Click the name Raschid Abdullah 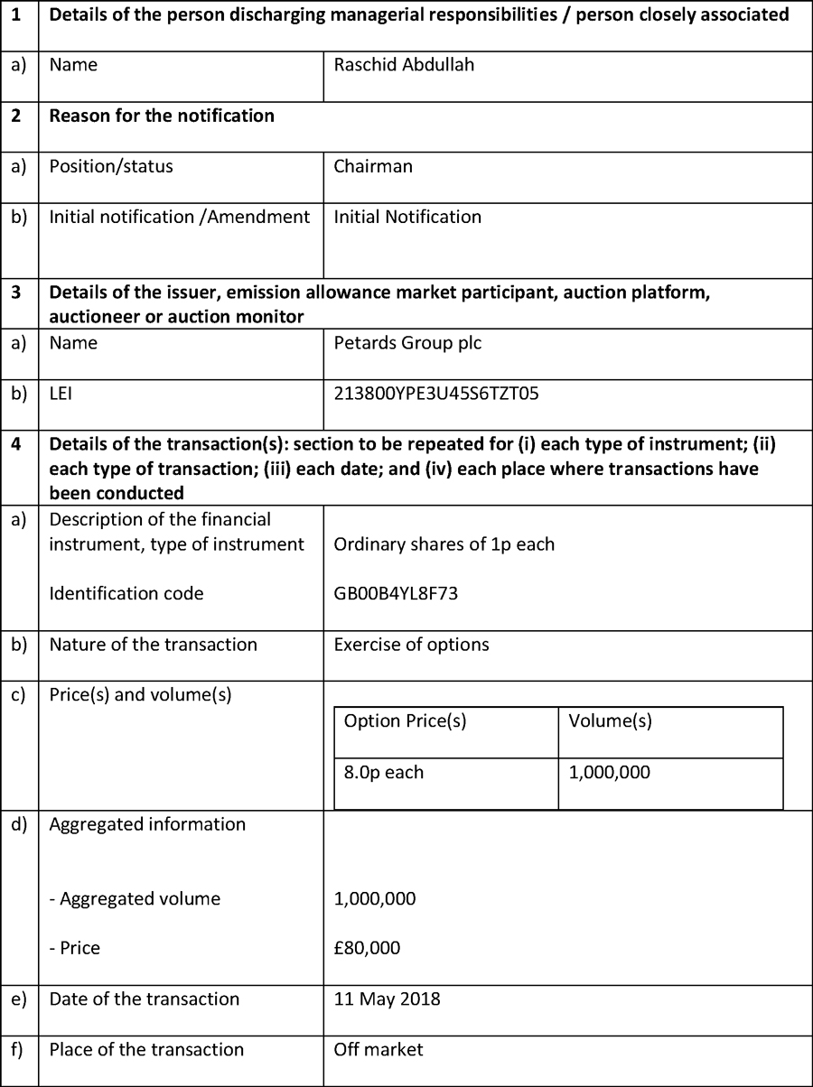tap(404, 65)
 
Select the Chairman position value tap(373, 166)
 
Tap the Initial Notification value tap(407, 217)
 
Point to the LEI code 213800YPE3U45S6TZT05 tap(437, 394)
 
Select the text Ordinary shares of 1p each tap(444, 544)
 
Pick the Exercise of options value tap(411, 645)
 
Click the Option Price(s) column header tap(405, 721)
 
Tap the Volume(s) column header tap(610, 721)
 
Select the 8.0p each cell tap(384, 772)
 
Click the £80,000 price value tap(367, 948)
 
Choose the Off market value tap(378, 1049)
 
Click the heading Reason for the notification tap(162, 116)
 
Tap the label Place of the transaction tap(146, 1049)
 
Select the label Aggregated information tap(147, 824)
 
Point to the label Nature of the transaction tap(153, 645)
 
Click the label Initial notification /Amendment tap(179, 217)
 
